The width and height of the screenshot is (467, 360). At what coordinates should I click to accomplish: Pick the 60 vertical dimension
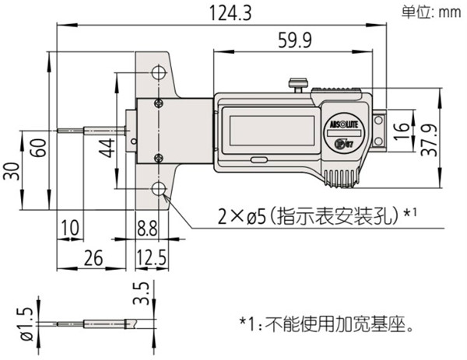pyautogui.click(x=37, y=146)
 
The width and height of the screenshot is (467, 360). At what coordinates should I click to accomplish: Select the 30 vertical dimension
pyautogui.click(x=9, y=172)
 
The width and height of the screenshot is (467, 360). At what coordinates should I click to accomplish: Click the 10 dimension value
pyautogui.click(x=69, y=227)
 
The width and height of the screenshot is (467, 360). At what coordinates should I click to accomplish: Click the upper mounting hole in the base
pyautogui.click(x=160, y=74)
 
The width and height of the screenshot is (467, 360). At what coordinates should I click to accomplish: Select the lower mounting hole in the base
pyautogui.click(x=160, y=190)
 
